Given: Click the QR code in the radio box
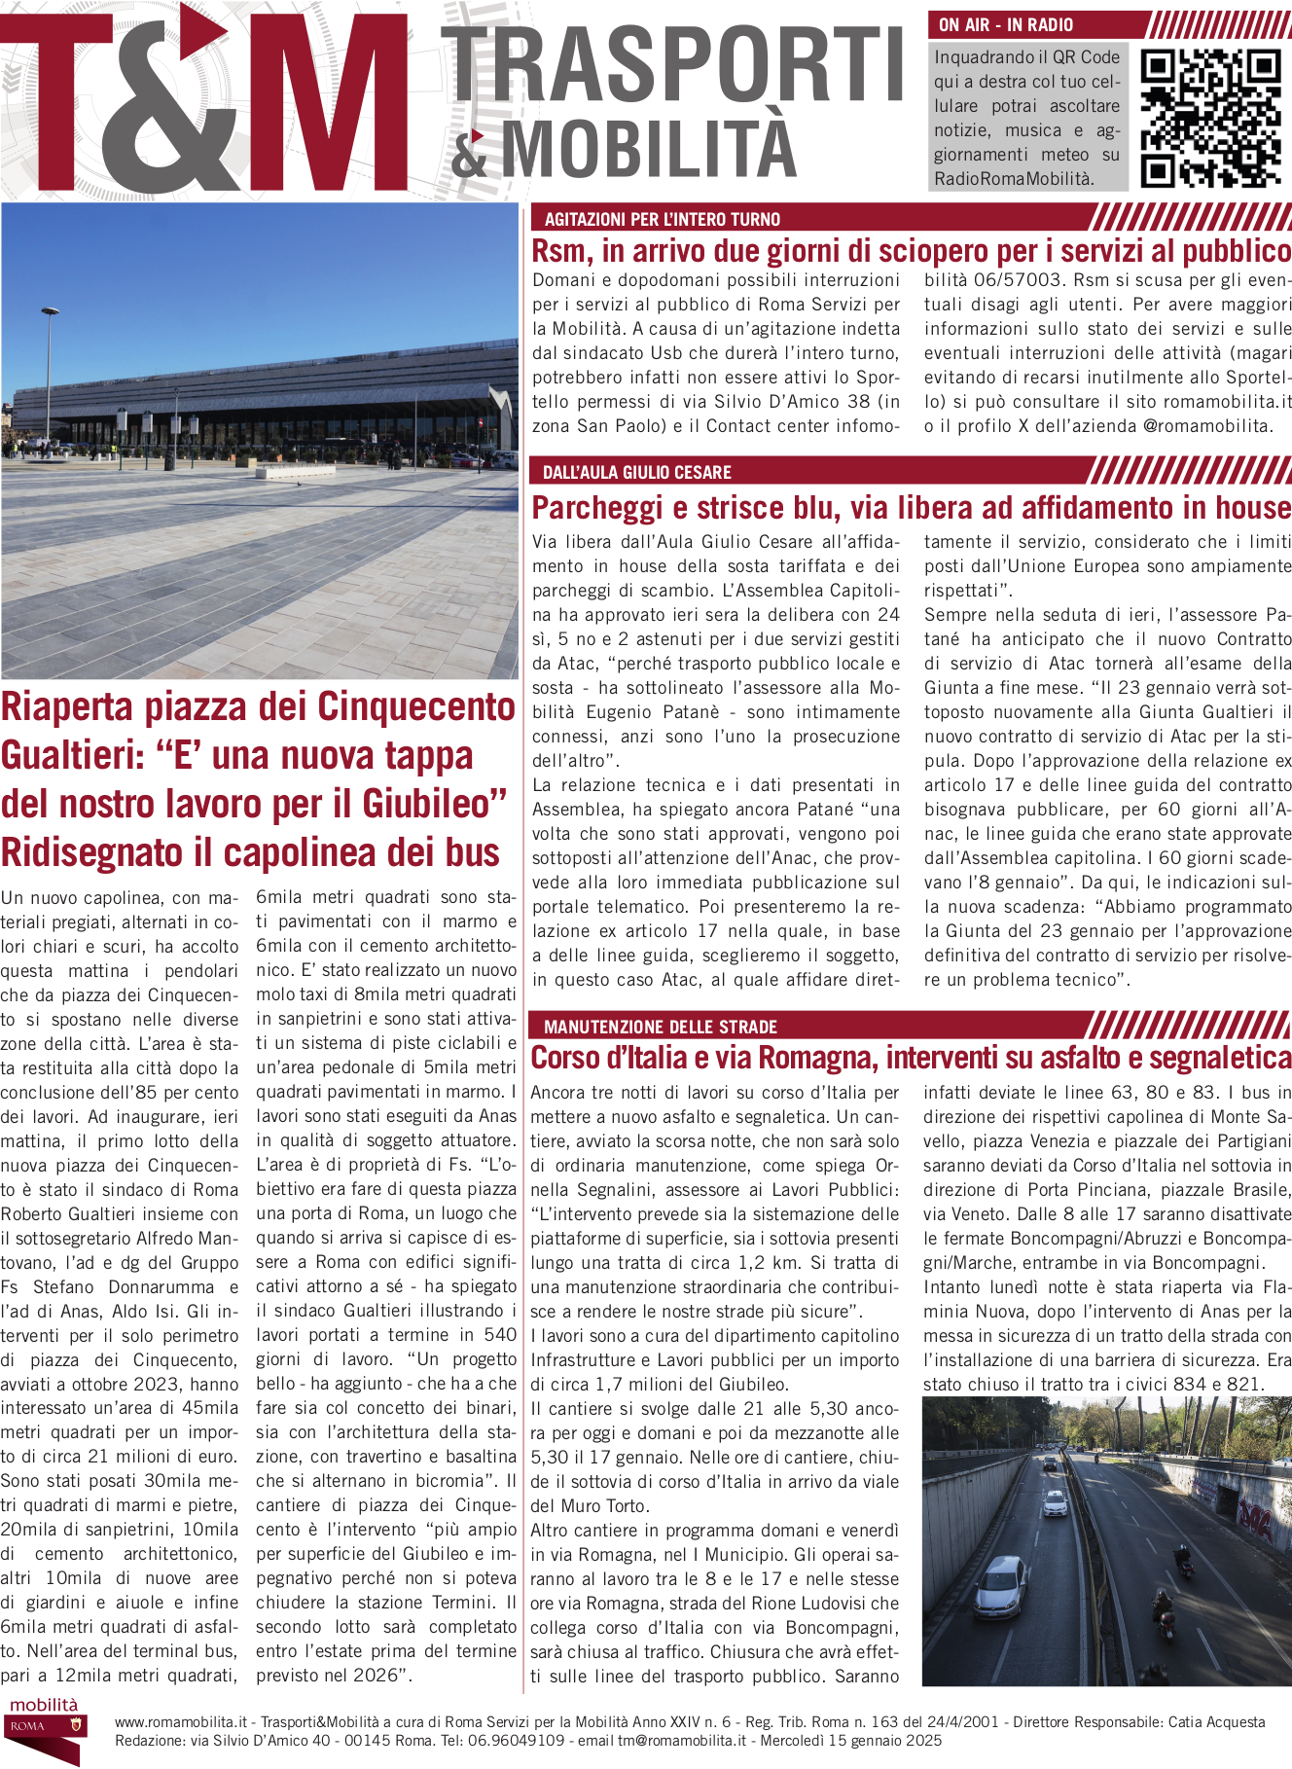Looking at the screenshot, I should (x=1210, y=118).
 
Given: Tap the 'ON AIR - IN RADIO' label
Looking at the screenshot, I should (x=1006, y=25).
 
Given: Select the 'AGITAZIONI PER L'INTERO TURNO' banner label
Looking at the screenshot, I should (x=662, y=220).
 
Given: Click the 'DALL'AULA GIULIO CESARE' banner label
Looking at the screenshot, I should (x=636, y=473).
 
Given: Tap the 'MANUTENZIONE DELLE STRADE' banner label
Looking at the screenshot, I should (x=660, y=1027).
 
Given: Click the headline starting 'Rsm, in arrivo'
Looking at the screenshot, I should (x=911, y=251).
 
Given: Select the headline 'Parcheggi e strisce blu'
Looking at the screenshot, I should (x=911, y=508).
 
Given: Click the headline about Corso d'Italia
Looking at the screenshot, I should (x=911, y=1058).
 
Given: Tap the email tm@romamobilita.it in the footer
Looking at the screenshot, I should (x=681, y=1741).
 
